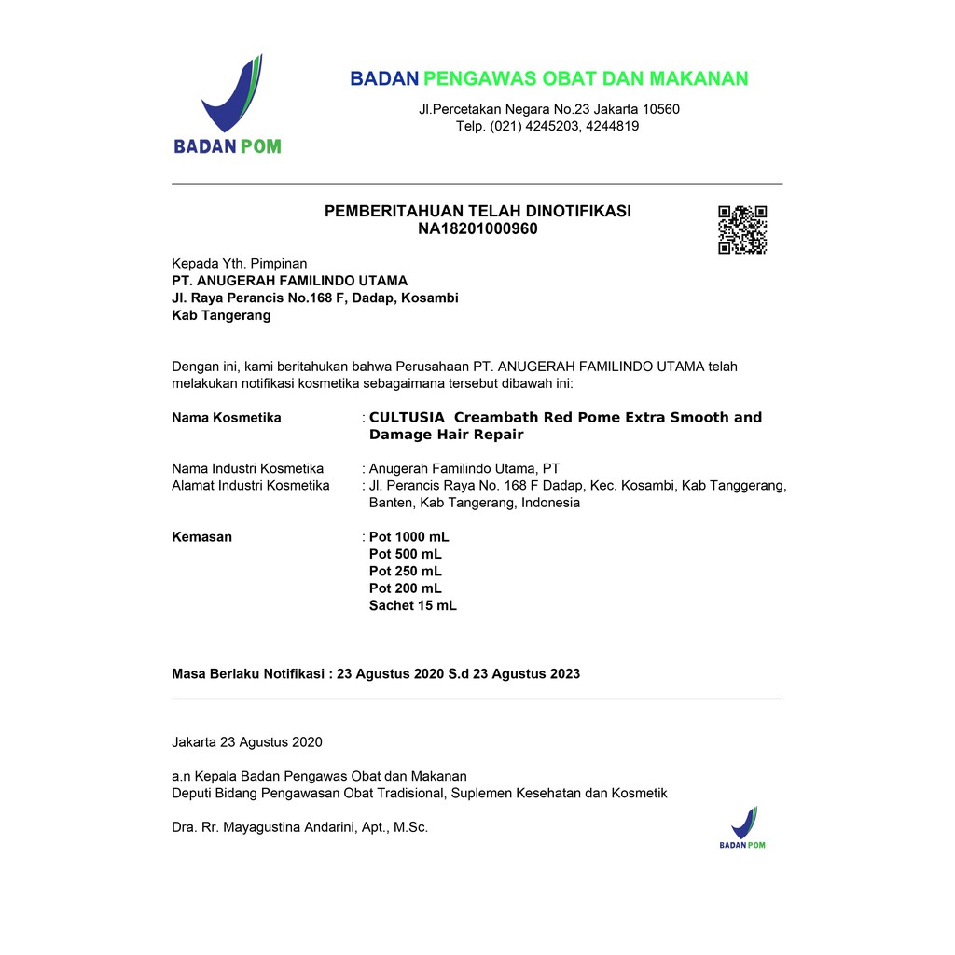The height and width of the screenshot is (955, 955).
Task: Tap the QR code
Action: coord(742,229)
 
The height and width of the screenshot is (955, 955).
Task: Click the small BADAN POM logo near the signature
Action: coord(742,827)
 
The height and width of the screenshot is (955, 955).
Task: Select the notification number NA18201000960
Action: coord(477,228)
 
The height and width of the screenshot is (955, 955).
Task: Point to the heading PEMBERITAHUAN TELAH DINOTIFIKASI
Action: coord(477,211)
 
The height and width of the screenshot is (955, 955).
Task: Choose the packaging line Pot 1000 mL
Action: coord(408,537)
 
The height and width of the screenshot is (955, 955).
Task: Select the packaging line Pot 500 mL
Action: coord(405,554)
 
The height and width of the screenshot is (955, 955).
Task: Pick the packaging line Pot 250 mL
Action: coord(405,571)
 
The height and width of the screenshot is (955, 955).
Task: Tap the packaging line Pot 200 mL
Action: coord(405,588)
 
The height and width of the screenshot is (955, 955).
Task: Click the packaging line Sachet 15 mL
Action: coord(412,605)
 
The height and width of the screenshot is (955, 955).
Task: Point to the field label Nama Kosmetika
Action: coord(227,418)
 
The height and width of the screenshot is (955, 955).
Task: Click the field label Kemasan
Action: coord(201,537)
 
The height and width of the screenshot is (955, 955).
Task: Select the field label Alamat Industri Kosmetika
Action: coord(251,485)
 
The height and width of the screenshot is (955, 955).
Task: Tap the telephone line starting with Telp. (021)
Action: coord(547,126)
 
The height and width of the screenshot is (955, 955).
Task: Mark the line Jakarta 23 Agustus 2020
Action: coord(247,742)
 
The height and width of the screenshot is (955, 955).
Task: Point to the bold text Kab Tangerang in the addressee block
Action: coord(221,315)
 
